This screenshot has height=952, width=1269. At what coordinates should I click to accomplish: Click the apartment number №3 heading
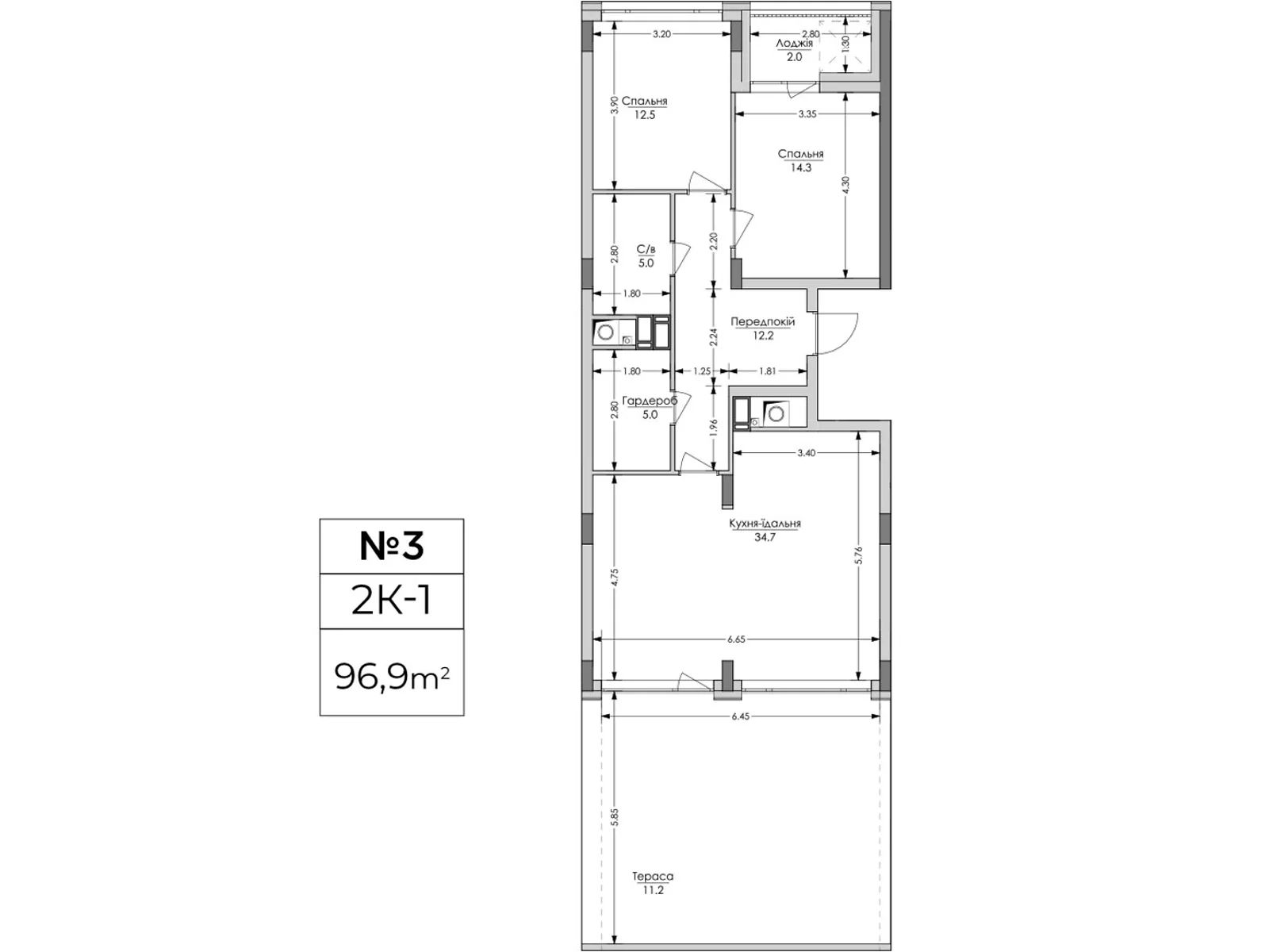[391, 546]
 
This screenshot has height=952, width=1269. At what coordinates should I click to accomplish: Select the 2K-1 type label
[391, 601]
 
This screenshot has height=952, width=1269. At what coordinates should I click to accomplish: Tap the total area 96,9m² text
[391, 676]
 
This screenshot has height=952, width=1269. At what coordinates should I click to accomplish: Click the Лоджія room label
[795, 44]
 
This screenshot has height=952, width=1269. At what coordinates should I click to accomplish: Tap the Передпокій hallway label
[762, 321]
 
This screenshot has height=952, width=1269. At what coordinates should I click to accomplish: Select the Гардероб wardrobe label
[650, 401]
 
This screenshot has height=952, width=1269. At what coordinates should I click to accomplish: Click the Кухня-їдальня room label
[765, 523]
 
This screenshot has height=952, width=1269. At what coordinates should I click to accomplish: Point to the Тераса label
[653, 877]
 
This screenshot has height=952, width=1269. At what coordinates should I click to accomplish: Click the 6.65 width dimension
[737, 639]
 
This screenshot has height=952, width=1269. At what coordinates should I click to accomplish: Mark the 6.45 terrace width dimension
[740, 716]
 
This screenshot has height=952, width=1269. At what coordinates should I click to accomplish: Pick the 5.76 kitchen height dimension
[858, 557]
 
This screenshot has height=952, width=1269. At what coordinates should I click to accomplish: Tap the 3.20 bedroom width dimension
[661, 34]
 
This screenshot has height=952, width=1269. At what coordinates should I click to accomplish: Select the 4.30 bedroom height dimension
[845, 186]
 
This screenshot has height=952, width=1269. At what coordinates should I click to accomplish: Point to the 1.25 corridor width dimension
[701, 371]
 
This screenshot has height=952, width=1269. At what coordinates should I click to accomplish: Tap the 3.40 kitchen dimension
[806, 452]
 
